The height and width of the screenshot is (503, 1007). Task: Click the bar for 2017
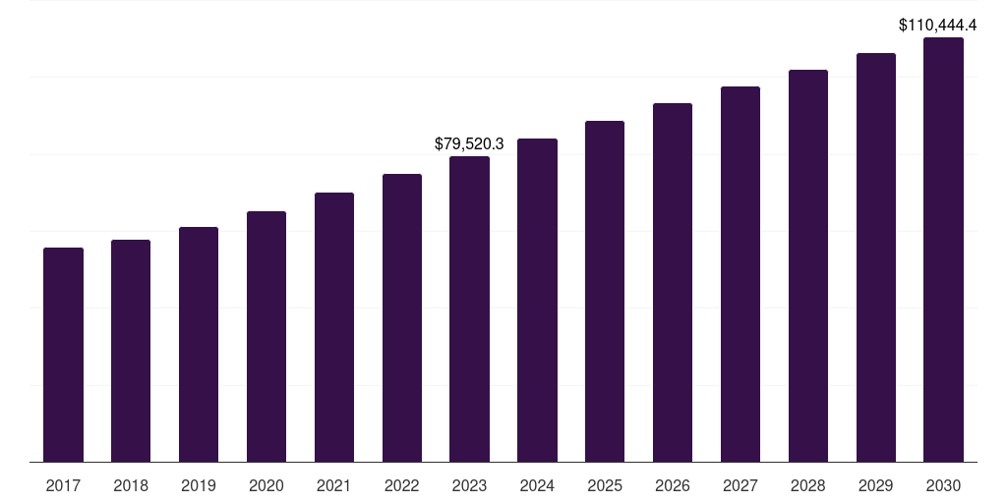tap(63, 355)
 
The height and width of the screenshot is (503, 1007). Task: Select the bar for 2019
tap(199, 344)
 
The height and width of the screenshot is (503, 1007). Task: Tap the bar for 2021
tap(334, 327)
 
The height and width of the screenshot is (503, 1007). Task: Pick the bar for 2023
tap(469, 308)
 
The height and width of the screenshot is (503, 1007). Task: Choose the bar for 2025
tap(605, 291)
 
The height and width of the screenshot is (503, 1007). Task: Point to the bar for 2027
tap(740, 274)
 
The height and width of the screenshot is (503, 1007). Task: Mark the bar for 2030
tap(943, 250)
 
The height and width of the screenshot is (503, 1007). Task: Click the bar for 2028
tap(808, 265)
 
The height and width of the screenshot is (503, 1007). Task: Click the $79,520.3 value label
tap(469, 143)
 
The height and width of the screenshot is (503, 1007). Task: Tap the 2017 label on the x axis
tap(63, 485)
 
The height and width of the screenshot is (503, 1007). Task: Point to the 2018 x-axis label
tap(131, 485)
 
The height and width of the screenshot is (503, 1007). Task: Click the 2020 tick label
tap(267, 485)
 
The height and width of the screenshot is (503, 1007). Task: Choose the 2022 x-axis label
tap(402, 485)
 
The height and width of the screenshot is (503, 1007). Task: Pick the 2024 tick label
tap(537, 485)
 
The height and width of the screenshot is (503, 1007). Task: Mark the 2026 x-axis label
tap(673, 485)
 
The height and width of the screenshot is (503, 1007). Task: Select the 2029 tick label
tap(876, 485)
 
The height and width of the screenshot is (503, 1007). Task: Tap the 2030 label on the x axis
tap(943, 485)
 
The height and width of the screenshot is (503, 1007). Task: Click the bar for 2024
tap(537, 300)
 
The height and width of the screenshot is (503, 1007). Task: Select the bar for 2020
tap(267, 336)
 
